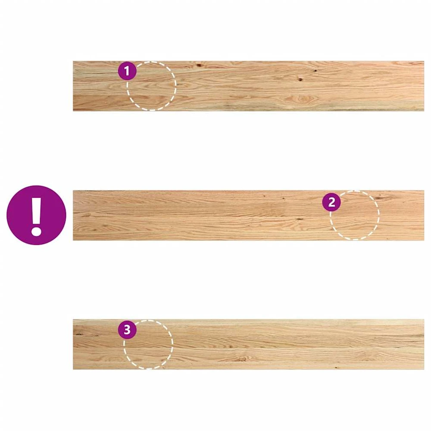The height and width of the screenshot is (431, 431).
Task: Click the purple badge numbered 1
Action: [x=127, y=71]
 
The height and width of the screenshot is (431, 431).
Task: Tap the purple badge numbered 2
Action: [x=331, y=202]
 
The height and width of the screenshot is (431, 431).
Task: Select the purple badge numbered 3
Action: [x=127, y=330]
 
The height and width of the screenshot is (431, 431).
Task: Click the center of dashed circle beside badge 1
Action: [x=151, y=86]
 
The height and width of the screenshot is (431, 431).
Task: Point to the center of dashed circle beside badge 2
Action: [x=355, y=215]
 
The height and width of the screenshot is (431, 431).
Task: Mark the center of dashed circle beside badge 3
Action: [x=148, y=344]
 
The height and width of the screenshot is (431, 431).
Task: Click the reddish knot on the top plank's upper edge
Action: [x=199, y=65]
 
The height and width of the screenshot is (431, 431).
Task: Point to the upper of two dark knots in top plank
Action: [x=315, y=71]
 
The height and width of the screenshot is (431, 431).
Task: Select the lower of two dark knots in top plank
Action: [x=300, y=80]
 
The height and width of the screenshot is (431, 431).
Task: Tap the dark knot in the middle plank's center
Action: [x=300, y=219]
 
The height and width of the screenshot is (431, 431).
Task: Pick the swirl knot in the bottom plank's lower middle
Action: [x=242, y=359]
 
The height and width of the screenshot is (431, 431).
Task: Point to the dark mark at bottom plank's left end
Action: [x=79, y=334]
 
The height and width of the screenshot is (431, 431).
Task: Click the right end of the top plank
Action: [x=424, y=86]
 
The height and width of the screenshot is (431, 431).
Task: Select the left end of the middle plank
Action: [x=73, y=215]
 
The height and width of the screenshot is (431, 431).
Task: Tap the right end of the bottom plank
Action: [x=424, y=344]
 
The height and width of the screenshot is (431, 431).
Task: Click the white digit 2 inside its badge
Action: [x=331, y=202]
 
